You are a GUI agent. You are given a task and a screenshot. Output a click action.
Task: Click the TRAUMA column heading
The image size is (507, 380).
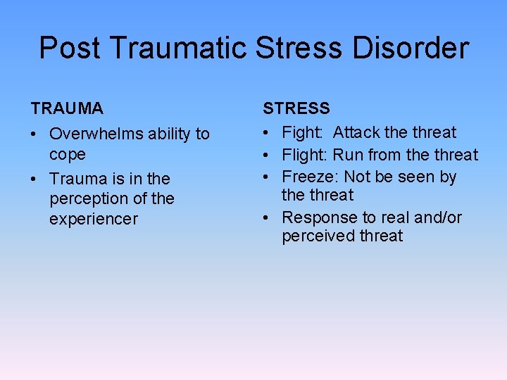67,108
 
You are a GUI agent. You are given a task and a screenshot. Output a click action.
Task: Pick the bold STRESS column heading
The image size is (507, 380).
296,108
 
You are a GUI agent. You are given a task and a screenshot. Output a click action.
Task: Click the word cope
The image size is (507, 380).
68,154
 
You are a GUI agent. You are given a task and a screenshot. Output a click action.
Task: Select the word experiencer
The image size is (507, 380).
94,219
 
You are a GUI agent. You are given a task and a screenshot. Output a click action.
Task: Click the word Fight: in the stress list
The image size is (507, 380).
303,132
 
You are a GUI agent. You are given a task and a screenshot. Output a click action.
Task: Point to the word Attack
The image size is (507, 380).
358,132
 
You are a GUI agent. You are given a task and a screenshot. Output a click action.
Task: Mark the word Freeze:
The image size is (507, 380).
311,177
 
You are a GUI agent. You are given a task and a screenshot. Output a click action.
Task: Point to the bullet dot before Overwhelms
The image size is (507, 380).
35,134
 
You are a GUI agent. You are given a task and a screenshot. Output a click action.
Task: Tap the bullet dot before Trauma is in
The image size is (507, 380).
35,179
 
